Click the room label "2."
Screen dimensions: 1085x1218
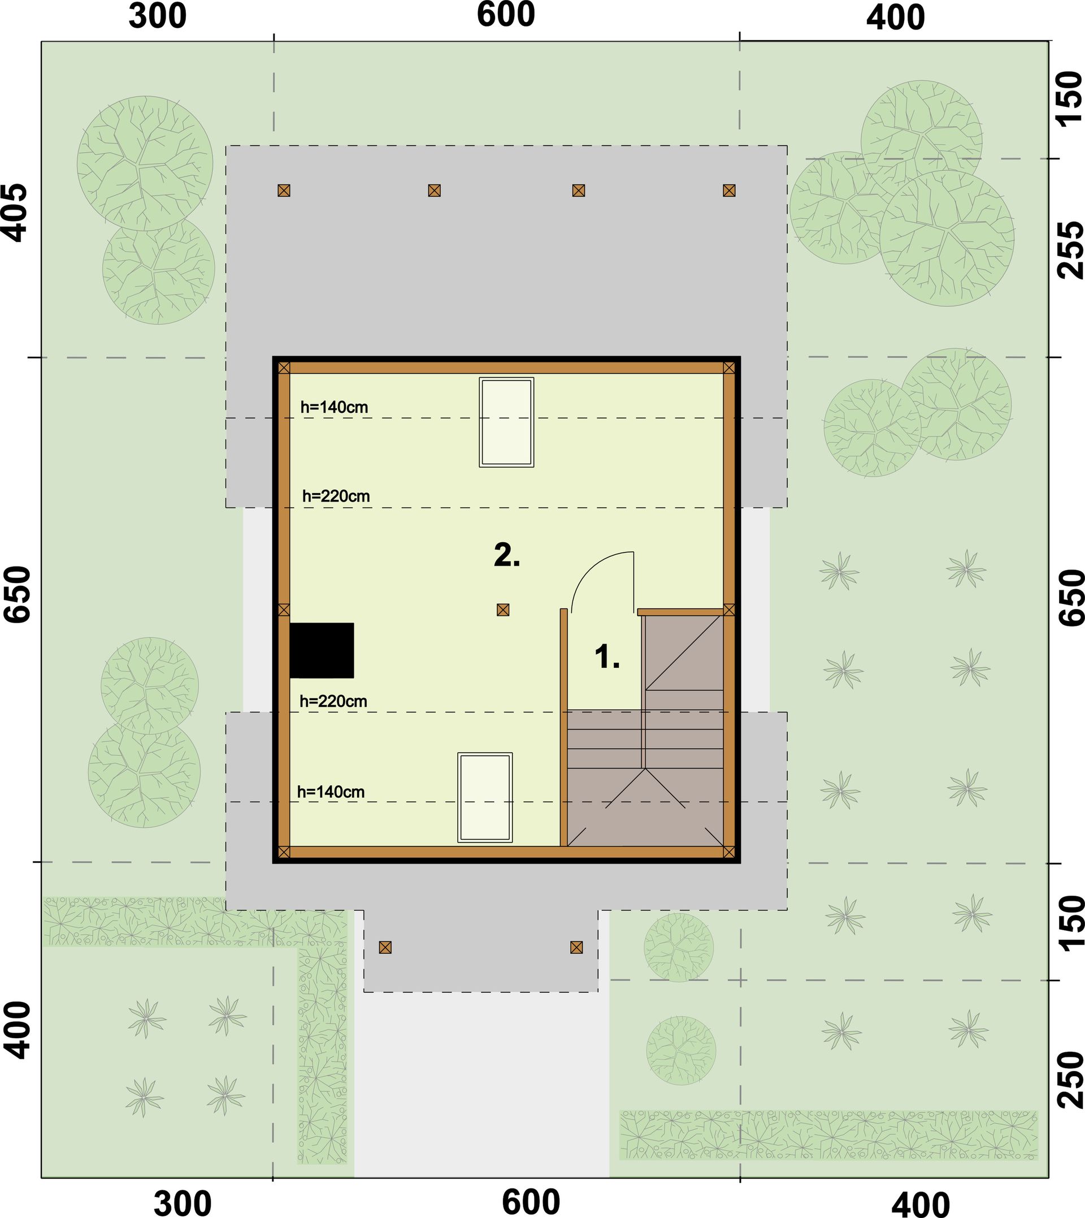point(507,555)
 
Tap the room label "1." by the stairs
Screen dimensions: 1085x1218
point(607,656)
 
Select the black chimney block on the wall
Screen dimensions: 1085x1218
point(322,651)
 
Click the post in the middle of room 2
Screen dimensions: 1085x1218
point(503,610)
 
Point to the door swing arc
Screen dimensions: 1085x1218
point(590,567)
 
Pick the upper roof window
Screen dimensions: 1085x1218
point(507,422)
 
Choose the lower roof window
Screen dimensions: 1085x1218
point(485,797)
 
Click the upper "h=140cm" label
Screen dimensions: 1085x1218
point(334,407)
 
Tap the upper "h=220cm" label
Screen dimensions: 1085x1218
point(336,496)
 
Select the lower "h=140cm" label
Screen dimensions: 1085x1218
point(331,792)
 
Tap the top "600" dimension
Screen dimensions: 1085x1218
point(506,15)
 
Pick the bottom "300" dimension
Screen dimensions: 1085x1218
point(183,1204)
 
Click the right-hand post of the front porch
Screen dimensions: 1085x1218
point(576,947)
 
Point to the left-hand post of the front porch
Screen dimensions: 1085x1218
point(385,947)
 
